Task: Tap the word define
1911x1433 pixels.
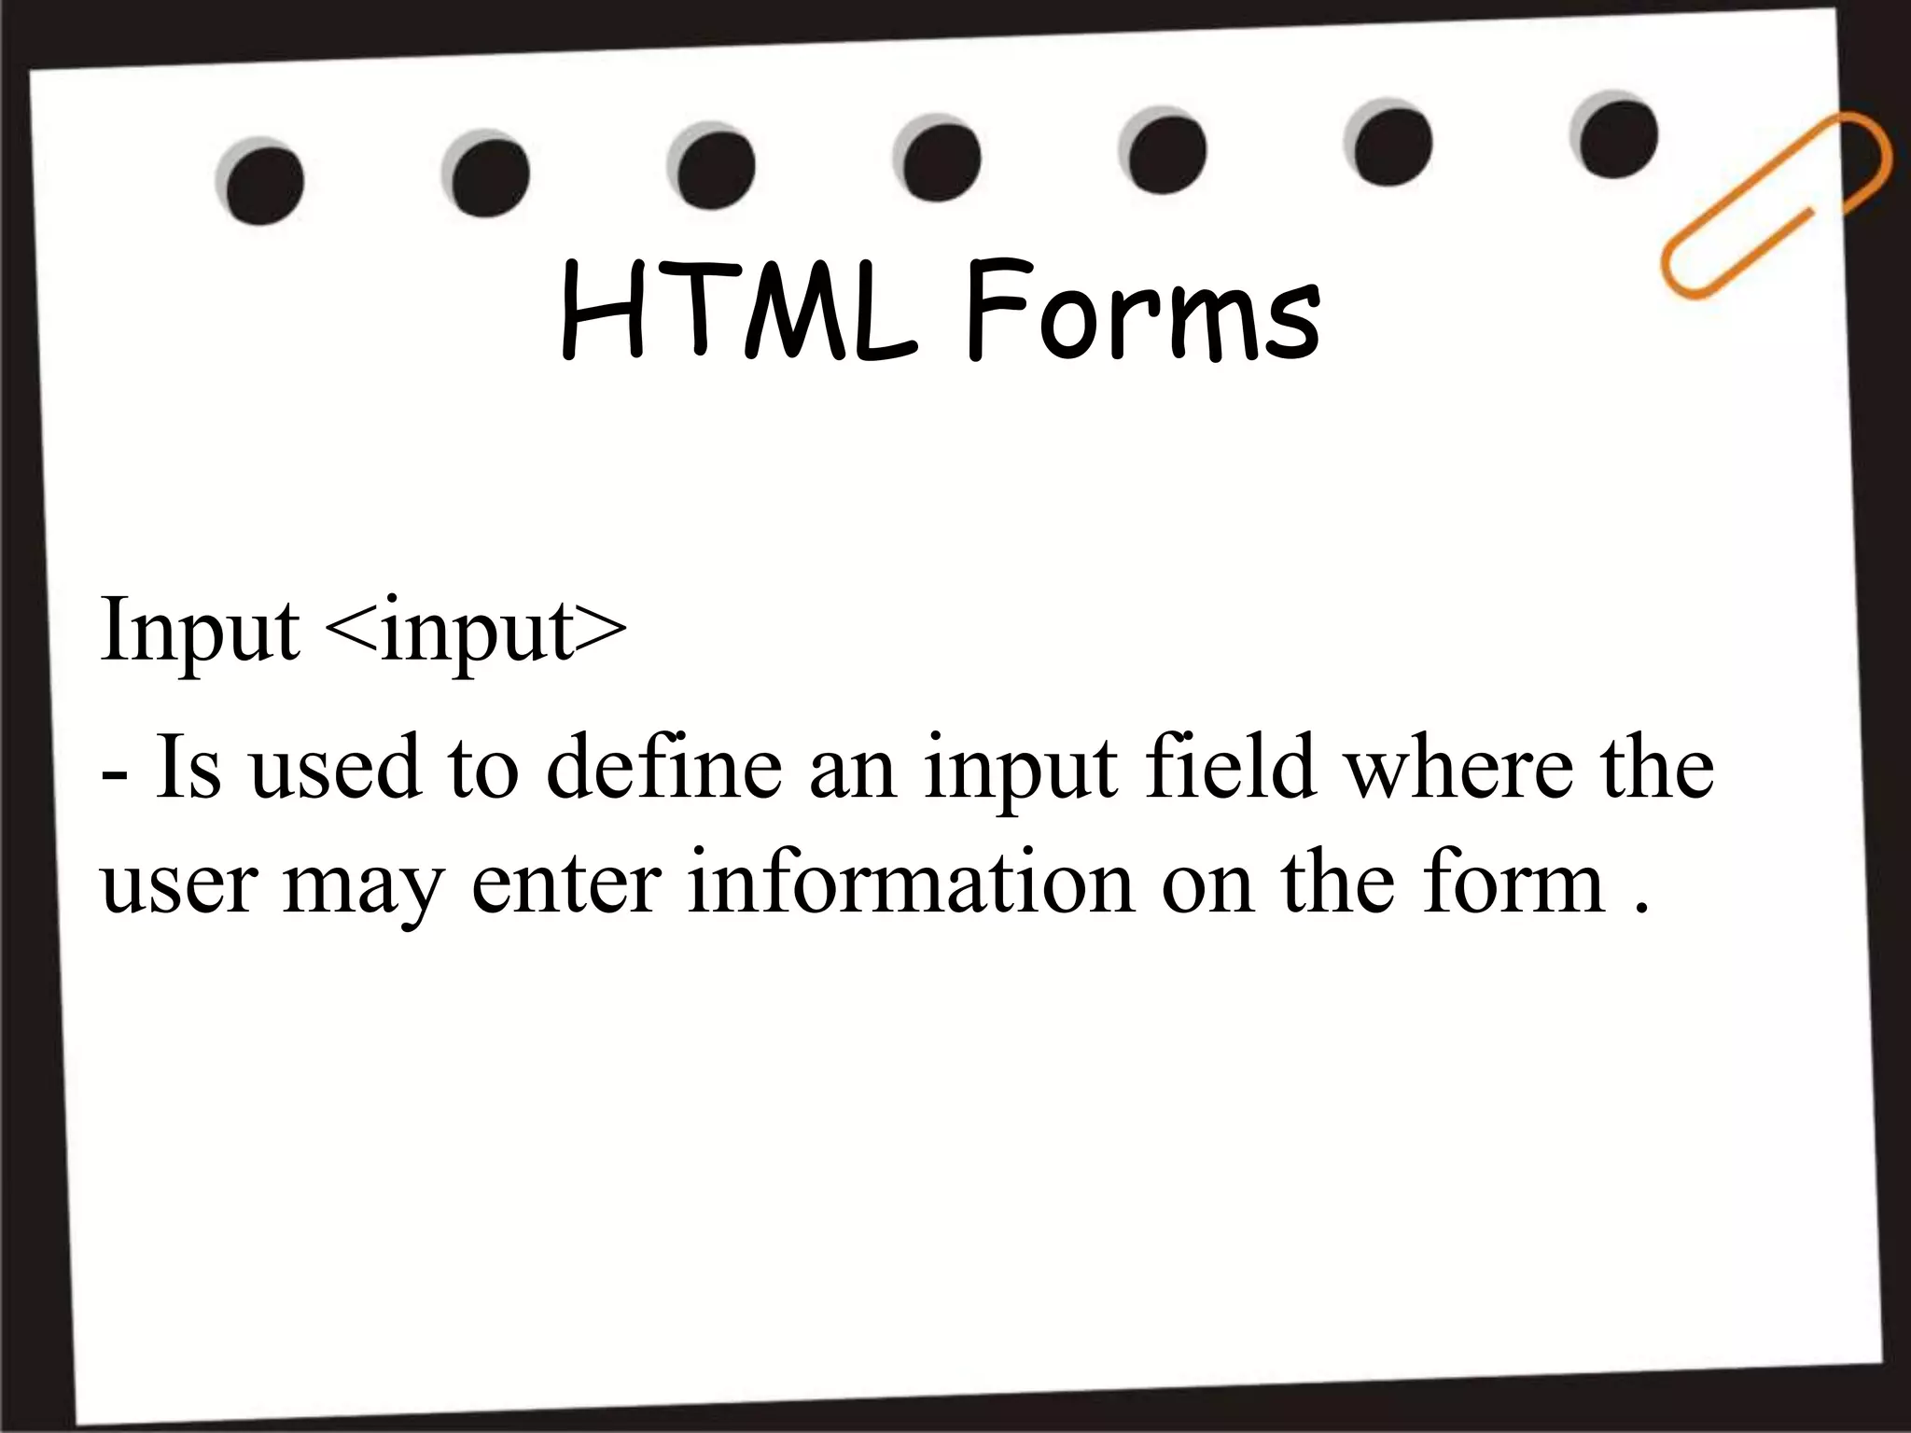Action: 663,767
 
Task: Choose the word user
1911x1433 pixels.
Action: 177,884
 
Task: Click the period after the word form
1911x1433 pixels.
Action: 1643,907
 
